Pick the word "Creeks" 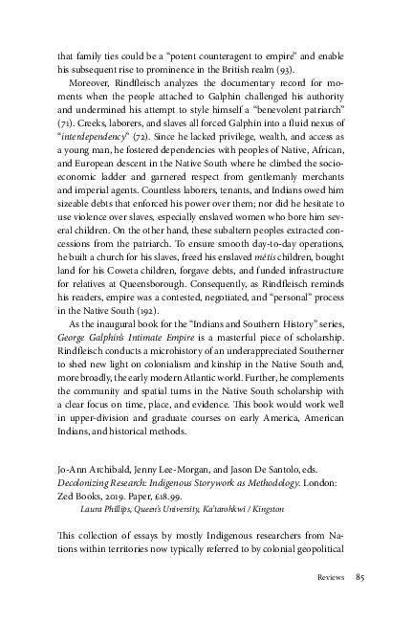click(82, 111)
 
